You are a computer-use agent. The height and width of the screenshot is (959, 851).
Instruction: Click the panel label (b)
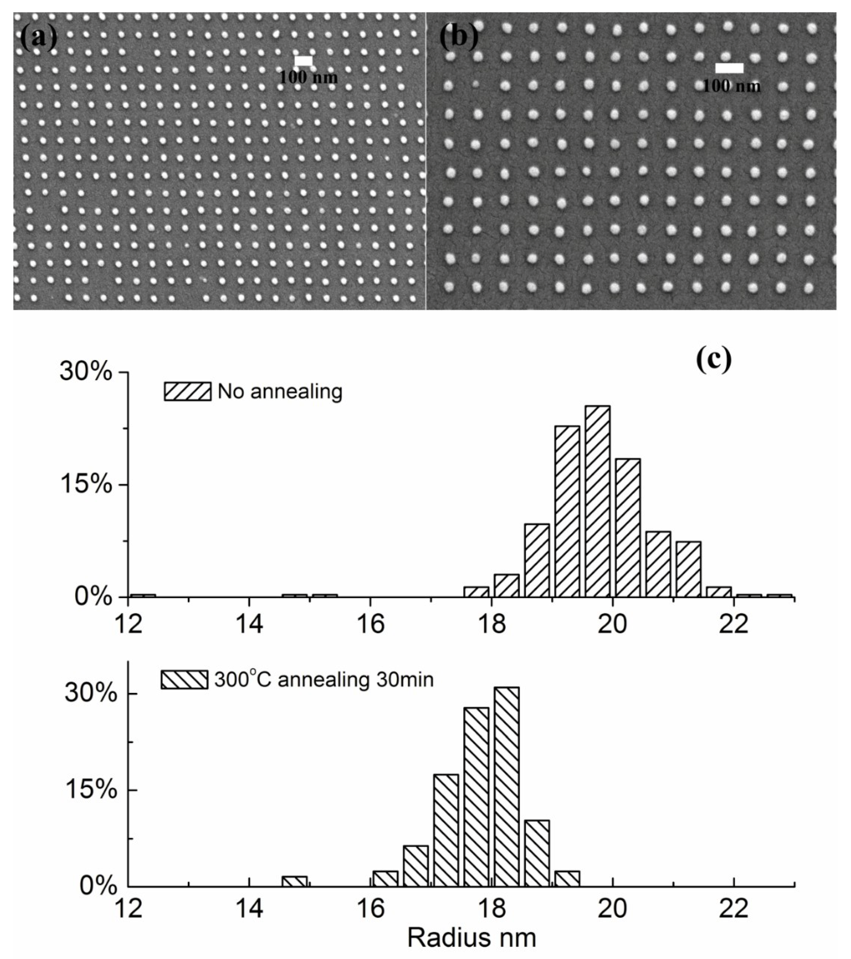[x=458, y=37]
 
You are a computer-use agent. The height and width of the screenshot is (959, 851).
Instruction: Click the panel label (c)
[x=713, y=361]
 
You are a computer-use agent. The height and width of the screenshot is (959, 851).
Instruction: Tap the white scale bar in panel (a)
[x=303, y=60]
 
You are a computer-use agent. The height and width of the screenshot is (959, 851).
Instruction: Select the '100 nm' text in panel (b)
[x=731, y=86]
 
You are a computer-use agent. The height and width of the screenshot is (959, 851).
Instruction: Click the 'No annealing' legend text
[x=280, y=391]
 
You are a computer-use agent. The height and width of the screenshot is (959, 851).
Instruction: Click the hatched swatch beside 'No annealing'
[x=187, y=391]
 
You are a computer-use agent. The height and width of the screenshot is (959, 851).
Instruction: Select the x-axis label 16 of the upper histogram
[x=371, y=625]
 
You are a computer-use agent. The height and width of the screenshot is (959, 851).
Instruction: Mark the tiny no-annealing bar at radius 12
[x=143, y=595]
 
